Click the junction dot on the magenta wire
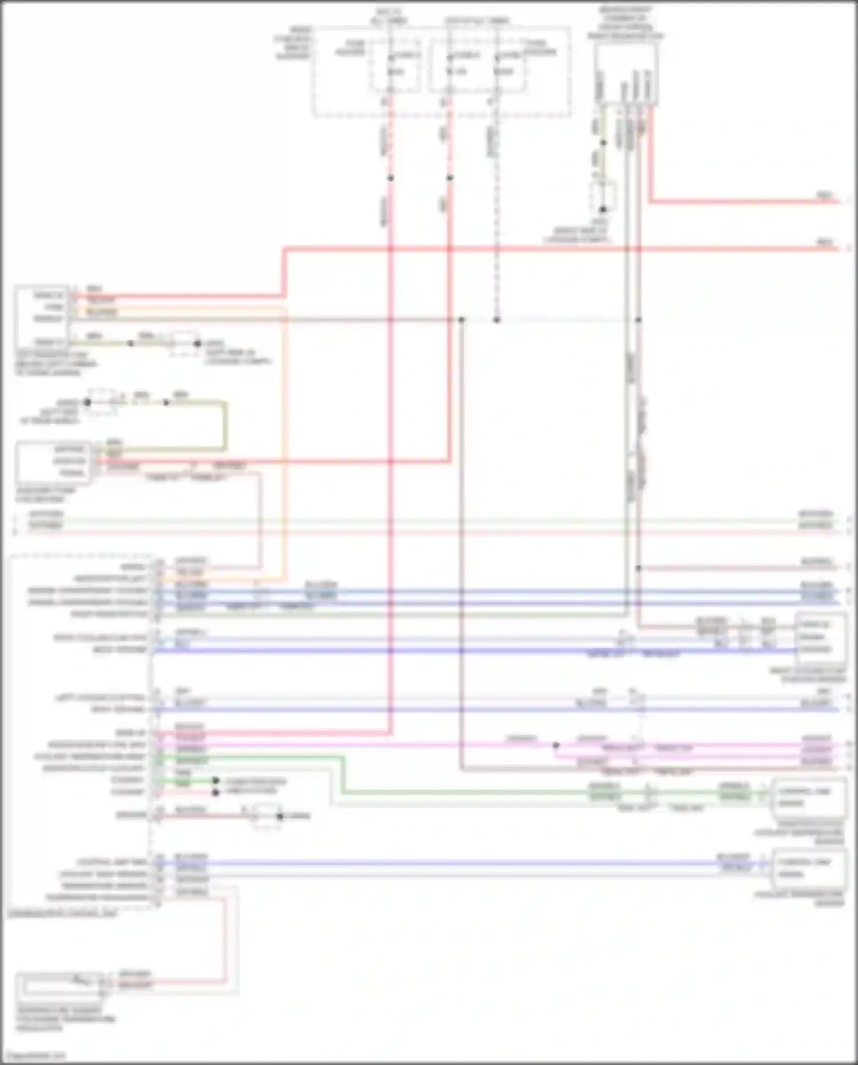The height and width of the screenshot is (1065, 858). point(555,746)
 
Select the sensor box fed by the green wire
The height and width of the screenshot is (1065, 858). point(809,798)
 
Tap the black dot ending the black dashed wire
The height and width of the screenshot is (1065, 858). point(496,319)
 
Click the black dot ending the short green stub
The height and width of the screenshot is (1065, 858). point(216,781)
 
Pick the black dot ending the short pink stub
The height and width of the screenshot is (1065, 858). point(216,793)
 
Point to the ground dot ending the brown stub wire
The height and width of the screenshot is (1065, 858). point(280,816)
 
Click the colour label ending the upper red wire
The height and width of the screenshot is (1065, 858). point(824,196)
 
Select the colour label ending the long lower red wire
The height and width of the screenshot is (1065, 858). point(824,243)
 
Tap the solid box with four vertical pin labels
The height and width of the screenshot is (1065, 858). point(625,74)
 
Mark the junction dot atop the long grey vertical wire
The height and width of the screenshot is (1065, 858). point(462,319)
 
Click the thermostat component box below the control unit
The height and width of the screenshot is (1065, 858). point(60,984)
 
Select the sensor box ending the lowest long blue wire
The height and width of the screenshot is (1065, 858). point(809,868)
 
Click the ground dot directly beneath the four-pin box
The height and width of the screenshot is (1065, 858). point(602,209)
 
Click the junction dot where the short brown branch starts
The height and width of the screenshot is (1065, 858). point(638,568)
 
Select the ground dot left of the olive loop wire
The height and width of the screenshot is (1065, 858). point(88,402)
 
